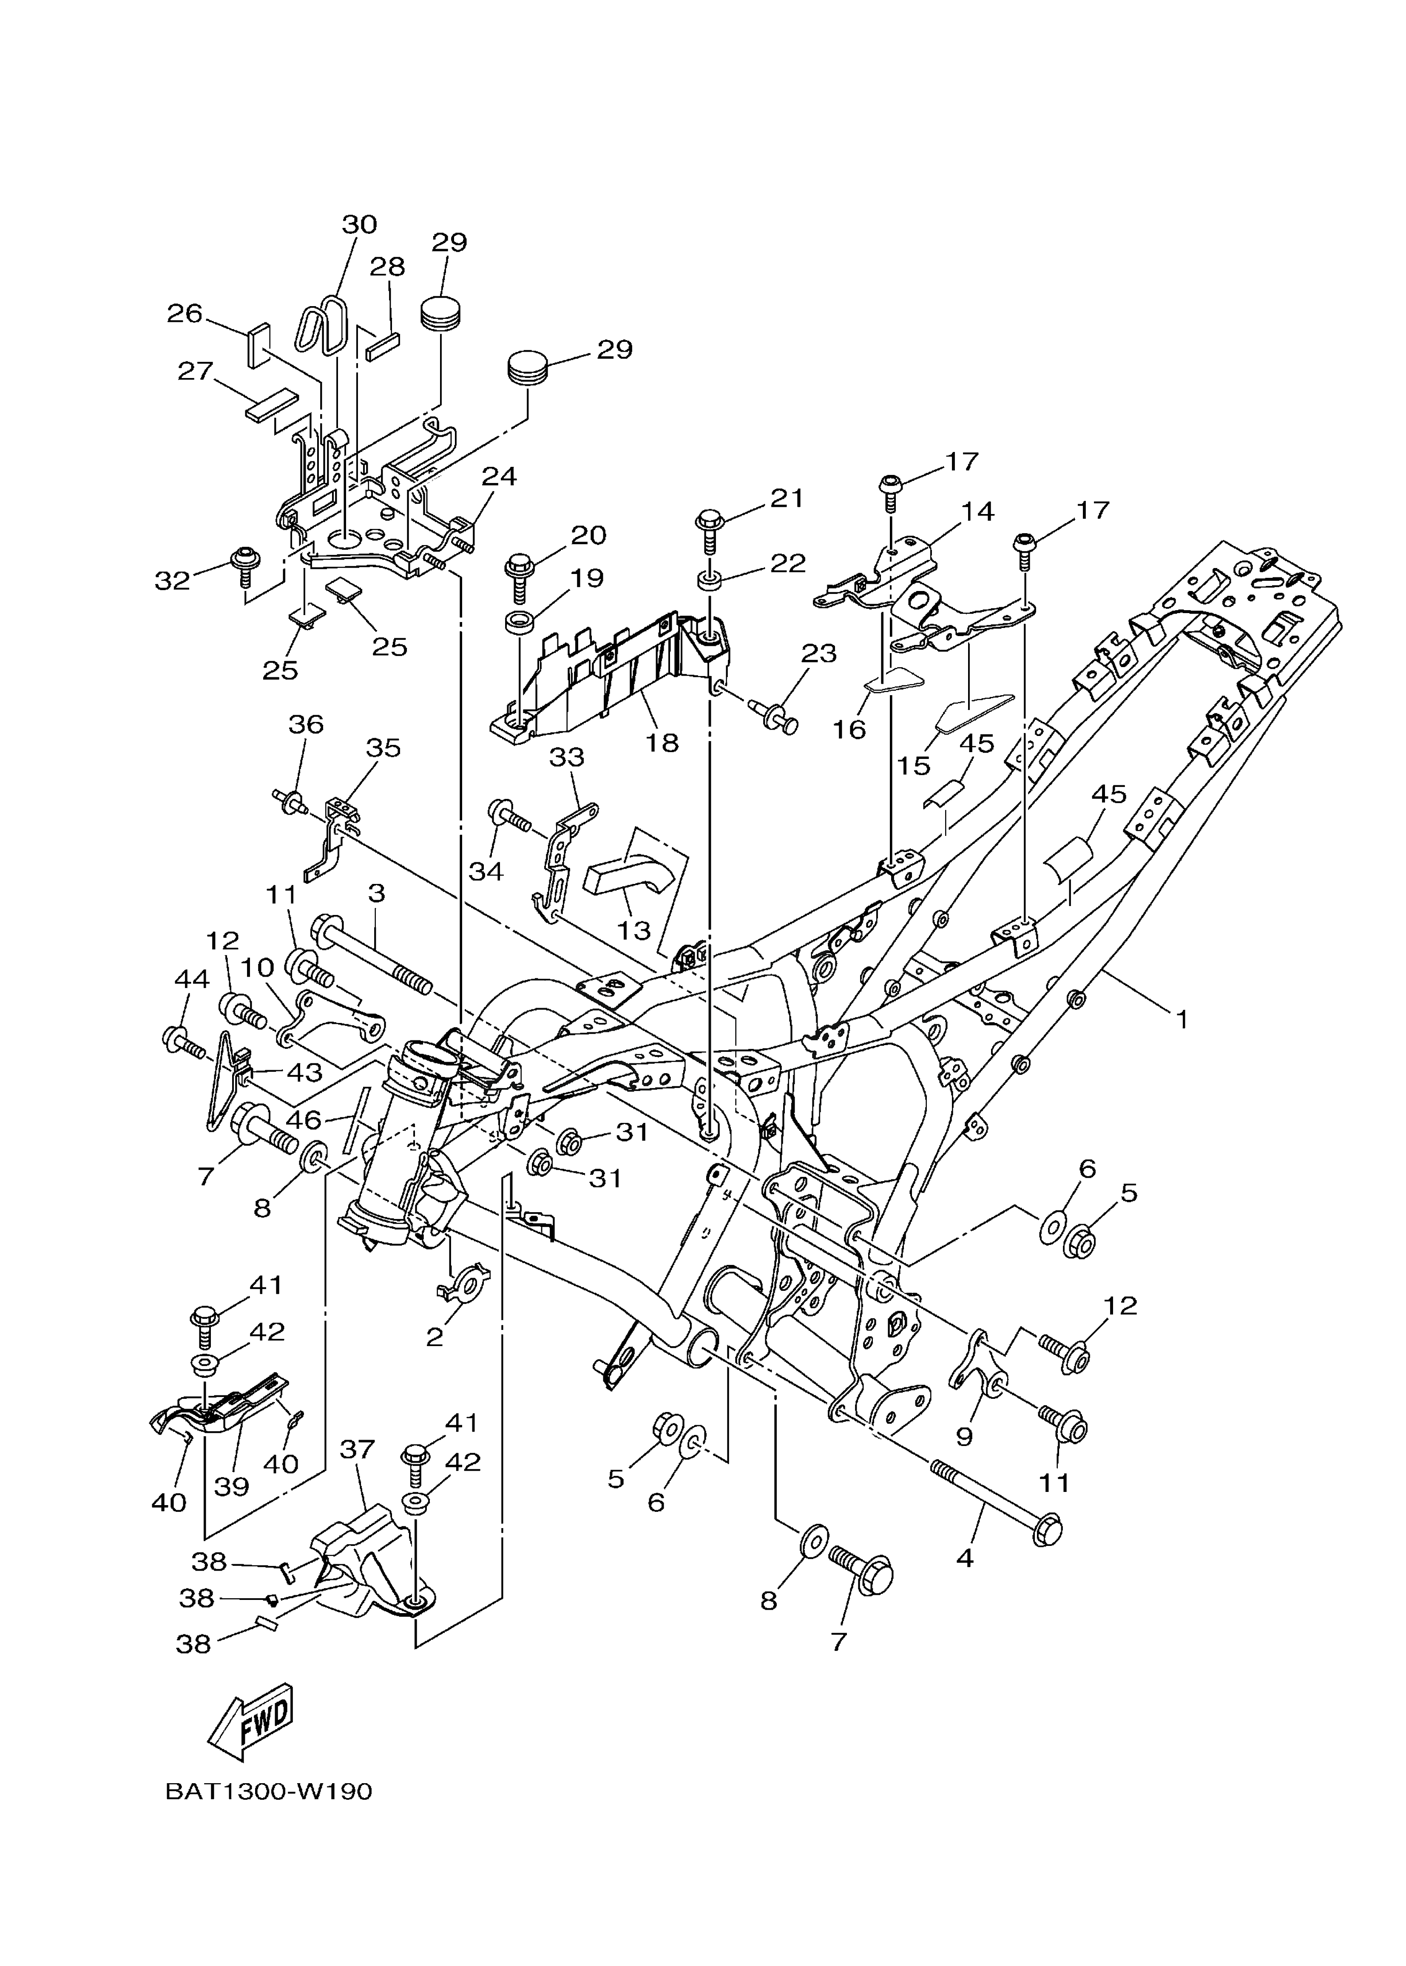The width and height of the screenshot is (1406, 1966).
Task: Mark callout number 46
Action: (304, 1119)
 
